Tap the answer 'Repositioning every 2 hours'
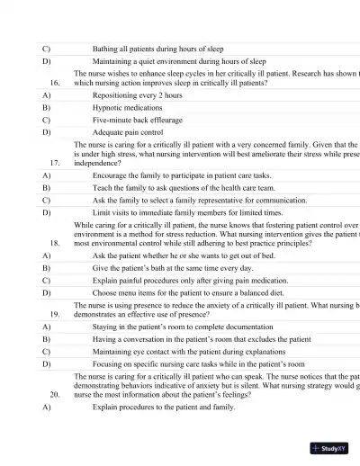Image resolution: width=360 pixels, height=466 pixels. point(137,94)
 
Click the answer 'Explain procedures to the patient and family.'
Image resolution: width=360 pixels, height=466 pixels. point(164,408)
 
